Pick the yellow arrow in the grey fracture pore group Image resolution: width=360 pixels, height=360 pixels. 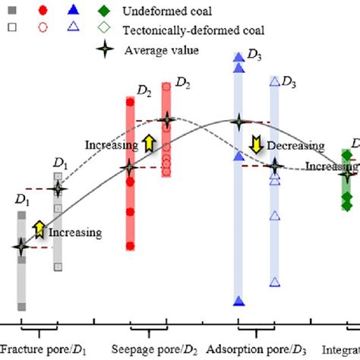click(x=38, y=227)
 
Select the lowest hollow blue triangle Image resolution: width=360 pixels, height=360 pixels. click(x=276, y=283)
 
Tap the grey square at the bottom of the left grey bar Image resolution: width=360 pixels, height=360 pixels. click(x=22, y=307)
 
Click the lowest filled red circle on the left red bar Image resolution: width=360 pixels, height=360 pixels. click(x=130, y=245)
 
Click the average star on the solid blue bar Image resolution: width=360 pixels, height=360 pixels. click(x=239, y=122)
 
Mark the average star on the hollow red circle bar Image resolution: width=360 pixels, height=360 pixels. click(x=166, y=120)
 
